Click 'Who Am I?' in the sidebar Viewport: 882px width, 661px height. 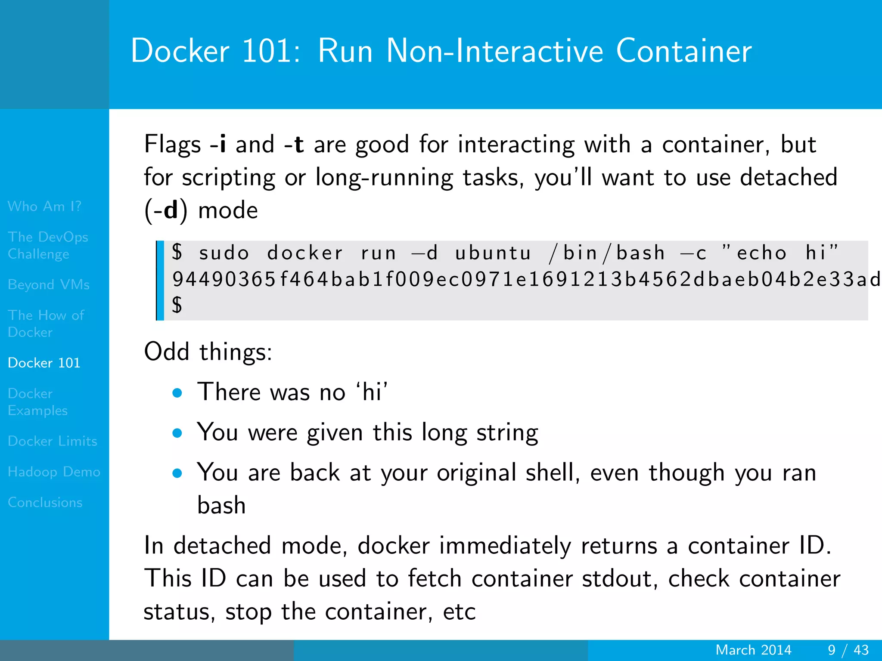coord(44,207)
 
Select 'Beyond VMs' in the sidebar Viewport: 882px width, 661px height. coord(49,285)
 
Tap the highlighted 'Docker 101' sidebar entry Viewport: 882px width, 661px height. coord(44,363)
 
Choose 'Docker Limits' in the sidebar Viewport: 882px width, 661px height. coord(53,441)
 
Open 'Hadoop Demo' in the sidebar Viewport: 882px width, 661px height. coord(54,472)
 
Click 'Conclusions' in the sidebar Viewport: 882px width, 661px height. coord(45,503)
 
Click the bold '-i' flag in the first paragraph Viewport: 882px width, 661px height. coord(218,144)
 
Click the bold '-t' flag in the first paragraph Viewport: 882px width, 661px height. coord(294,144)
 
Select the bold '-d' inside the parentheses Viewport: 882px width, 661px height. coord(166,210)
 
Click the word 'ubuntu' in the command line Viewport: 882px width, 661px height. coord(493,253)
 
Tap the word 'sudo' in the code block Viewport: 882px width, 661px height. coord(224,253)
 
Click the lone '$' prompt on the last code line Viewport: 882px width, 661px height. coord(177,305)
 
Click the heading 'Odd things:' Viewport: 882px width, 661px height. coord(208,352)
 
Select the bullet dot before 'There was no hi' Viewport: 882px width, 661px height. coord(177,392)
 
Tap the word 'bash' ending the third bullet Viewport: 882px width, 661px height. coord(221,505)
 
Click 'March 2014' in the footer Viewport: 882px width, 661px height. coord(753,650)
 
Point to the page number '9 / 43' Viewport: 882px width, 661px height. coord(848,650)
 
